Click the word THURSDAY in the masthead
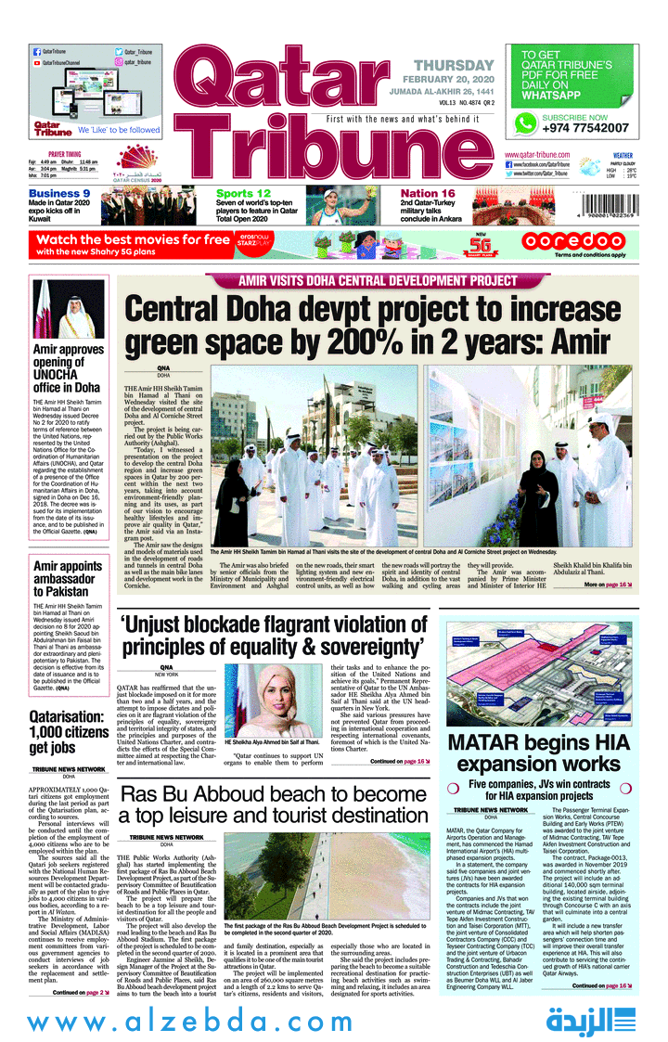coord(454,65)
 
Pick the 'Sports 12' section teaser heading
coord(243,194)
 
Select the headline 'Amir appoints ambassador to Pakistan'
coord(67,578)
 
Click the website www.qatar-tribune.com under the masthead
coord(536,154)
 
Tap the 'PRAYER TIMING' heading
coord(65,154)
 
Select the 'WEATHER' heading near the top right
coord(623,156)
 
